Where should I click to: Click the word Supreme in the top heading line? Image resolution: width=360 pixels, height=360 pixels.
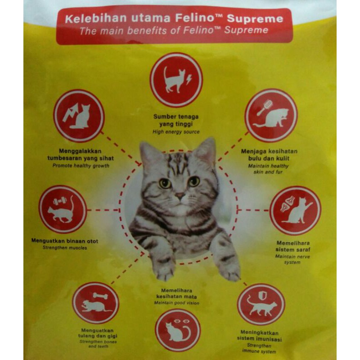click(255, 19)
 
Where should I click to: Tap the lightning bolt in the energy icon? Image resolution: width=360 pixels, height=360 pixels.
click(189, 80)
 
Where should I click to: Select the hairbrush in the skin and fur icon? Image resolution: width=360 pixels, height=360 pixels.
click(265, 107)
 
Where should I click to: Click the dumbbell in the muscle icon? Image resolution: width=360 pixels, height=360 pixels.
click(60, 202)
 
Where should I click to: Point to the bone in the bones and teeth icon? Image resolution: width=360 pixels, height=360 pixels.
click(100, 296)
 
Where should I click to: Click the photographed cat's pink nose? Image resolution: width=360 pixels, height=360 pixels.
click(180, 196)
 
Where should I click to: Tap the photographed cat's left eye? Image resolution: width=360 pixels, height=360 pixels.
click(165, 183)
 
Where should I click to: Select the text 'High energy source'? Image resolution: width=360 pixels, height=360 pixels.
click(176, 132)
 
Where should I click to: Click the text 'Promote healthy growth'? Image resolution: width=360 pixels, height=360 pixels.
click(81, 166)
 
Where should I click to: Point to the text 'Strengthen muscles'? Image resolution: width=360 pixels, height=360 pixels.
click(65, 248)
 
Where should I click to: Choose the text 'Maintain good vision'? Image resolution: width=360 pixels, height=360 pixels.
click(176, 303)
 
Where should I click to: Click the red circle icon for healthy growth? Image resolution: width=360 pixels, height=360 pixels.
click(79, 116)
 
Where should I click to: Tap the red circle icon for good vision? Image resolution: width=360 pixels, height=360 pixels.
click(178, 330)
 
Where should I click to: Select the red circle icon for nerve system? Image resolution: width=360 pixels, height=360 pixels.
click(295, 210)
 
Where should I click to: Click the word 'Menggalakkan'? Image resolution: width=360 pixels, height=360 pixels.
click(80, 151)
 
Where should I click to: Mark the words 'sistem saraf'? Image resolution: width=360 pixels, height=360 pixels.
click(293, 249)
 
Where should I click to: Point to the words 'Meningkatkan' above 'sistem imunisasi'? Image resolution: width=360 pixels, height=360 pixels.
click(260, 333)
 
